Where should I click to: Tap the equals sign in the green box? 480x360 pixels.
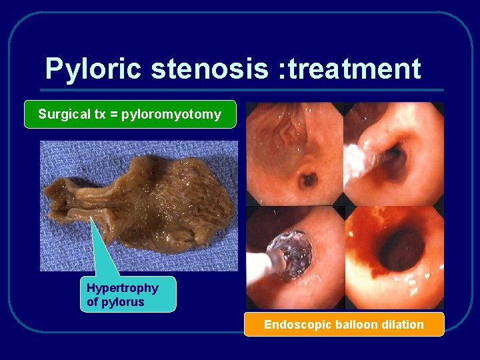113,115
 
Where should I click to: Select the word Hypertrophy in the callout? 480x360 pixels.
123,288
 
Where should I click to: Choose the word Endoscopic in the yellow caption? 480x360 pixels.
294,325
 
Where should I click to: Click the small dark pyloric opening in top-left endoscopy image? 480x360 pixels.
308,179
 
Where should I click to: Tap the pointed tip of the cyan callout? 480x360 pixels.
91,217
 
